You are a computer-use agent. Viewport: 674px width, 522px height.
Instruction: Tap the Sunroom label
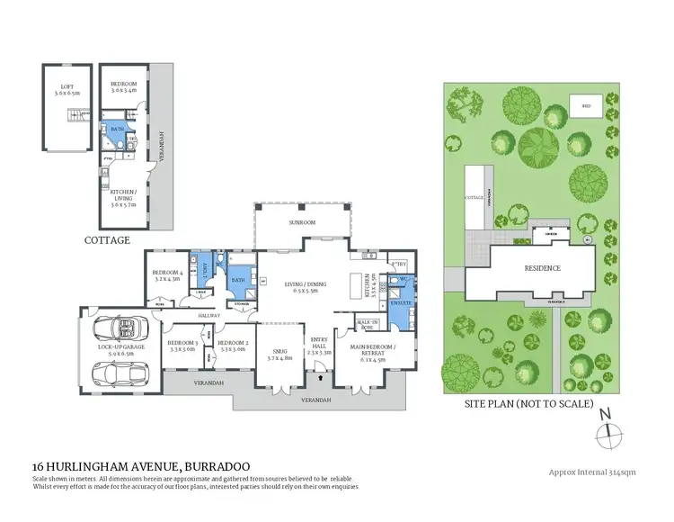[x=301, y=220]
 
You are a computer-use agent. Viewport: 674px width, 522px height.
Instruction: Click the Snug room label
[x=280, y=355]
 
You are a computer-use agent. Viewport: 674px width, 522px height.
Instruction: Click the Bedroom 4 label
[x=167, y=275]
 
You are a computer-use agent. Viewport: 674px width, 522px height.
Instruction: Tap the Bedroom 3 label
[x=182, y=345]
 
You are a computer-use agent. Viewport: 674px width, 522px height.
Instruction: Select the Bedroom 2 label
[x=232, y=345]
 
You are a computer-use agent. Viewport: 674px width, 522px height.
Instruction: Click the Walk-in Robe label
[x=367, y=323]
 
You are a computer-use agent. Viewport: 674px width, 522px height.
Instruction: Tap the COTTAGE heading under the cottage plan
[x=107, y=240]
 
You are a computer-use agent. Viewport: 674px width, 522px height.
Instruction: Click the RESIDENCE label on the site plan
[x=543, y=268]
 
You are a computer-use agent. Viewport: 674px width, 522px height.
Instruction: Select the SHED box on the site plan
[x=587, y=106]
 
